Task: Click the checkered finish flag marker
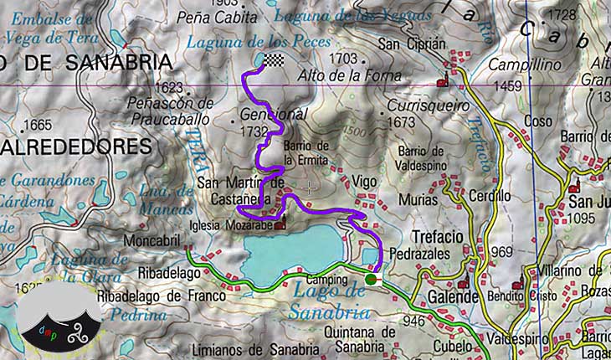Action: (275, 59)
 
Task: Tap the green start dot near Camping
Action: (370, 279)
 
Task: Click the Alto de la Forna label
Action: (349, 75)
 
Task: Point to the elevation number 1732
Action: (254, 131)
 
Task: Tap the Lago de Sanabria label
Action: (331, 301)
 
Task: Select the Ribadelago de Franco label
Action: (162, 296)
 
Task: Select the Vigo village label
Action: (364, 181)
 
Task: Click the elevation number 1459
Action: (507, 85)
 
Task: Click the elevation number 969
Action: (501, 252)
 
